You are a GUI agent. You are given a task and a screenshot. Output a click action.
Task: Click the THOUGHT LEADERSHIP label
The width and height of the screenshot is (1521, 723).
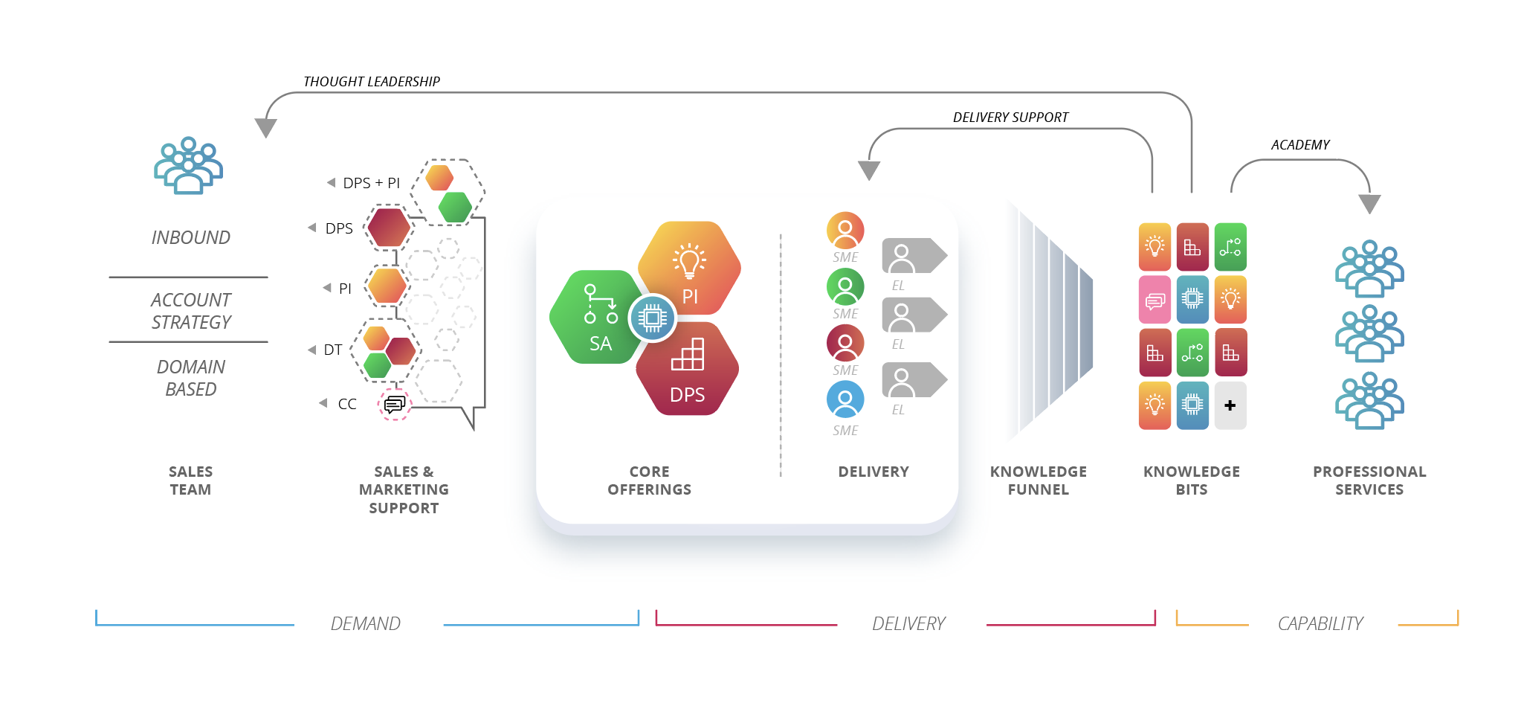pos(371,81)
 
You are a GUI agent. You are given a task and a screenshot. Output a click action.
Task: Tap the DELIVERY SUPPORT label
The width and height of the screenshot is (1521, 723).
pos(1010,117)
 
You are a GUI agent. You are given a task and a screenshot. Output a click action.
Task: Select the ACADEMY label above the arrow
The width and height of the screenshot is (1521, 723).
pos(1299,144)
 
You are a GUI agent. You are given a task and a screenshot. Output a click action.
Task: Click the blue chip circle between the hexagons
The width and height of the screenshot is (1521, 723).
pos(652,318)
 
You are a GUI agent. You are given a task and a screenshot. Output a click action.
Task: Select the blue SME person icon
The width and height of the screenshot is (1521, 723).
pos(845,399)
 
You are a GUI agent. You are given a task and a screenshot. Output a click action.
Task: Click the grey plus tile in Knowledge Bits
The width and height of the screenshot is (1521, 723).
pos(1230,405)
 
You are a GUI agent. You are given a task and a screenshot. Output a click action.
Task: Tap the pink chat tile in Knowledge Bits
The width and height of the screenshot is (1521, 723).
pos(1155,300)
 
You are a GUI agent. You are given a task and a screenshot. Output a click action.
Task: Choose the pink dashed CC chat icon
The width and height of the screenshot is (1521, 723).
pos(395,404)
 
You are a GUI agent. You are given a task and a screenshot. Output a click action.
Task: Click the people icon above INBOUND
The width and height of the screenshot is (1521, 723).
pos(188,166)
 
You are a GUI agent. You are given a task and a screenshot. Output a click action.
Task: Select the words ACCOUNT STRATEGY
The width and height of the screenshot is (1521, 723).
pos(191,311)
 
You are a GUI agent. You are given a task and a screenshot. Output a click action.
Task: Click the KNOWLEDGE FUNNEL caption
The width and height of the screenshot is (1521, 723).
pos(1038,481)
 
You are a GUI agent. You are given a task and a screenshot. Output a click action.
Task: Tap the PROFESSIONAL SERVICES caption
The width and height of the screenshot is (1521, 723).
pos(1369,481)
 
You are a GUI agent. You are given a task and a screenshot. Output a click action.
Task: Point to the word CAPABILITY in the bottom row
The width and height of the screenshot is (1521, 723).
pos(1320,623)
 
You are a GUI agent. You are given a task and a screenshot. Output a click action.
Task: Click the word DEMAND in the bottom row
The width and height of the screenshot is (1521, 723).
pos(365,623)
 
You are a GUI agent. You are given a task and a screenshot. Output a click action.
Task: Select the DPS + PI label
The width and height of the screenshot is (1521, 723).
pos(371,183)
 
